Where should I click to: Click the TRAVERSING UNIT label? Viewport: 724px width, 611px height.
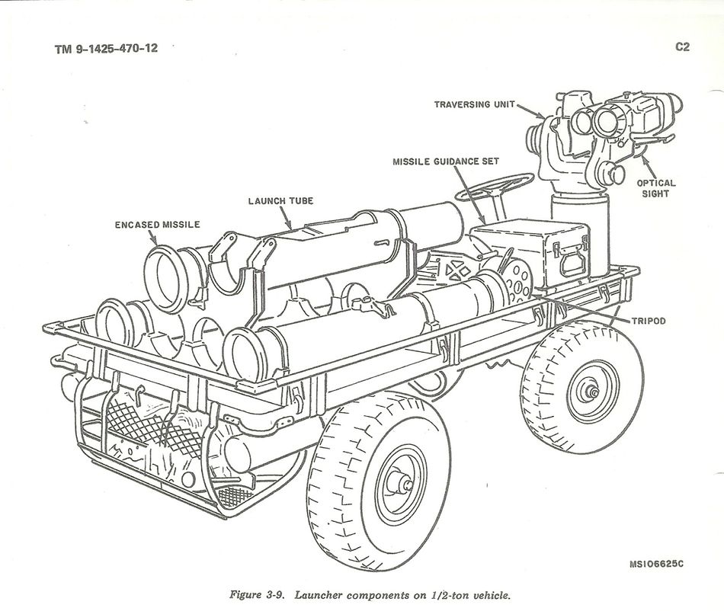point(475,104)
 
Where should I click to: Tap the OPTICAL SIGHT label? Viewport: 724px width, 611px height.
point(656,188)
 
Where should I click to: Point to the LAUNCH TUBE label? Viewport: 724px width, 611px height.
point(280,201)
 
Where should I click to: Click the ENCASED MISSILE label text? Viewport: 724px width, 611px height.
point(157,225)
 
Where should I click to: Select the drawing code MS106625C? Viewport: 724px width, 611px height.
point(656,564)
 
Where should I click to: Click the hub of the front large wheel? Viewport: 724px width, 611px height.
point(401,481)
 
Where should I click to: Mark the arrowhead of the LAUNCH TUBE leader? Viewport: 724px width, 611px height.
point(290,226)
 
